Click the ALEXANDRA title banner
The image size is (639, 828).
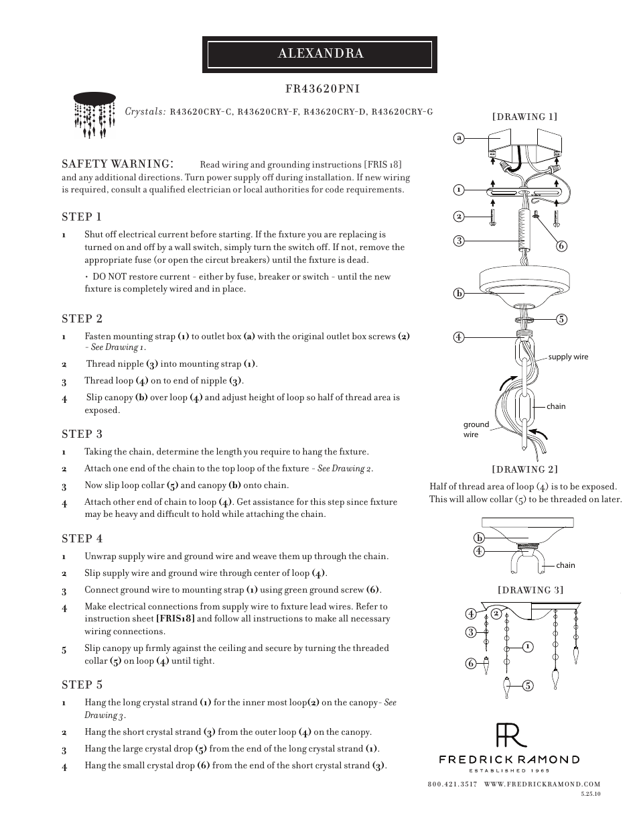[x=319, y=54]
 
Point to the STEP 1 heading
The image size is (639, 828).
[x=82, y=217]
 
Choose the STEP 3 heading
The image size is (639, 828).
[x=82, y=434]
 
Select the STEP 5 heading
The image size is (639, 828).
[x=82, y=685]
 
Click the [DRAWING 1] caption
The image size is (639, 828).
[x=524, y=117]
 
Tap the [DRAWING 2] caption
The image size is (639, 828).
[x=524, y=469]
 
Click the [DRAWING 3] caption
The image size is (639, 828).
[x=530, y=590]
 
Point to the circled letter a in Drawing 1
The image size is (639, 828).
[x=459, y=138]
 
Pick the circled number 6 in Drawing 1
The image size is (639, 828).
[x=561, y=246]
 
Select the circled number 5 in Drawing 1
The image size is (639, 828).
[x=561, y=320]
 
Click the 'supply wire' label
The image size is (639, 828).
[x=568, y=357]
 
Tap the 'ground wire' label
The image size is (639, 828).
[x=476, y=429]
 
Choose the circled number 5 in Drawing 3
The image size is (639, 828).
[x=528, y=685]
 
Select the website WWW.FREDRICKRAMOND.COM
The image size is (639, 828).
[x=542, y=784]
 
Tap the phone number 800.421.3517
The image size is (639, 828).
[x=451, y=784]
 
